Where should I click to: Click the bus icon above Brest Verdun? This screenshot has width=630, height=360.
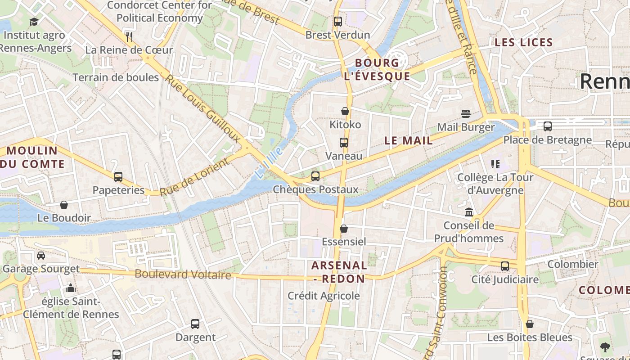coord(337,21)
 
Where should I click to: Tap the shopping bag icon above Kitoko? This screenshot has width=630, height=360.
coord(345,111)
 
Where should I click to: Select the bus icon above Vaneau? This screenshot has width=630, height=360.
coord(344,143)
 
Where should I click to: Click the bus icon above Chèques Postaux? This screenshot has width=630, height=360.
coord(315,176)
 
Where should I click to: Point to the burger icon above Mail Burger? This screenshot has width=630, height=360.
coord(465,113)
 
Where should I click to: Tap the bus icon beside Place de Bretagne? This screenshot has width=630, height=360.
coord(548,126)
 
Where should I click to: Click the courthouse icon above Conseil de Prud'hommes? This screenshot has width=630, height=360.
coord(469,212)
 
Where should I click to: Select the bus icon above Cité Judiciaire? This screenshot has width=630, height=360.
coord(505,266)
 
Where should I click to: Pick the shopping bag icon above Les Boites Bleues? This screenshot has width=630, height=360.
coord(530,324)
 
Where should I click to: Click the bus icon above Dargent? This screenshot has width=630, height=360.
coord(195,324)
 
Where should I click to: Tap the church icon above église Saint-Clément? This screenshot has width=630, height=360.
coord(71,288)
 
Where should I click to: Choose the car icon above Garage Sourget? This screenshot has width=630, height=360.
coord(41,256)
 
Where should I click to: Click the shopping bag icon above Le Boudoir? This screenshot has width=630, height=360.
coord(64,205)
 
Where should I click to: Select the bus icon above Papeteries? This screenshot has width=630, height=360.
coord(118,177)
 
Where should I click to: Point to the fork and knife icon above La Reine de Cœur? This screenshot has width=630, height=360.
coord(129,36)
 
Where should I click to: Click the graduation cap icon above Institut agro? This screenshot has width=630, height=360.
coord(34,22)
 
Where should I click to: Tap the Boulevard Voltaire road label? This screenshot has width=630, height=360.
coord(183,274)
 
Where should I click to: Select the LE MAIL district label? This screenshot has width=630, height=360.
coord(409,140)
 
